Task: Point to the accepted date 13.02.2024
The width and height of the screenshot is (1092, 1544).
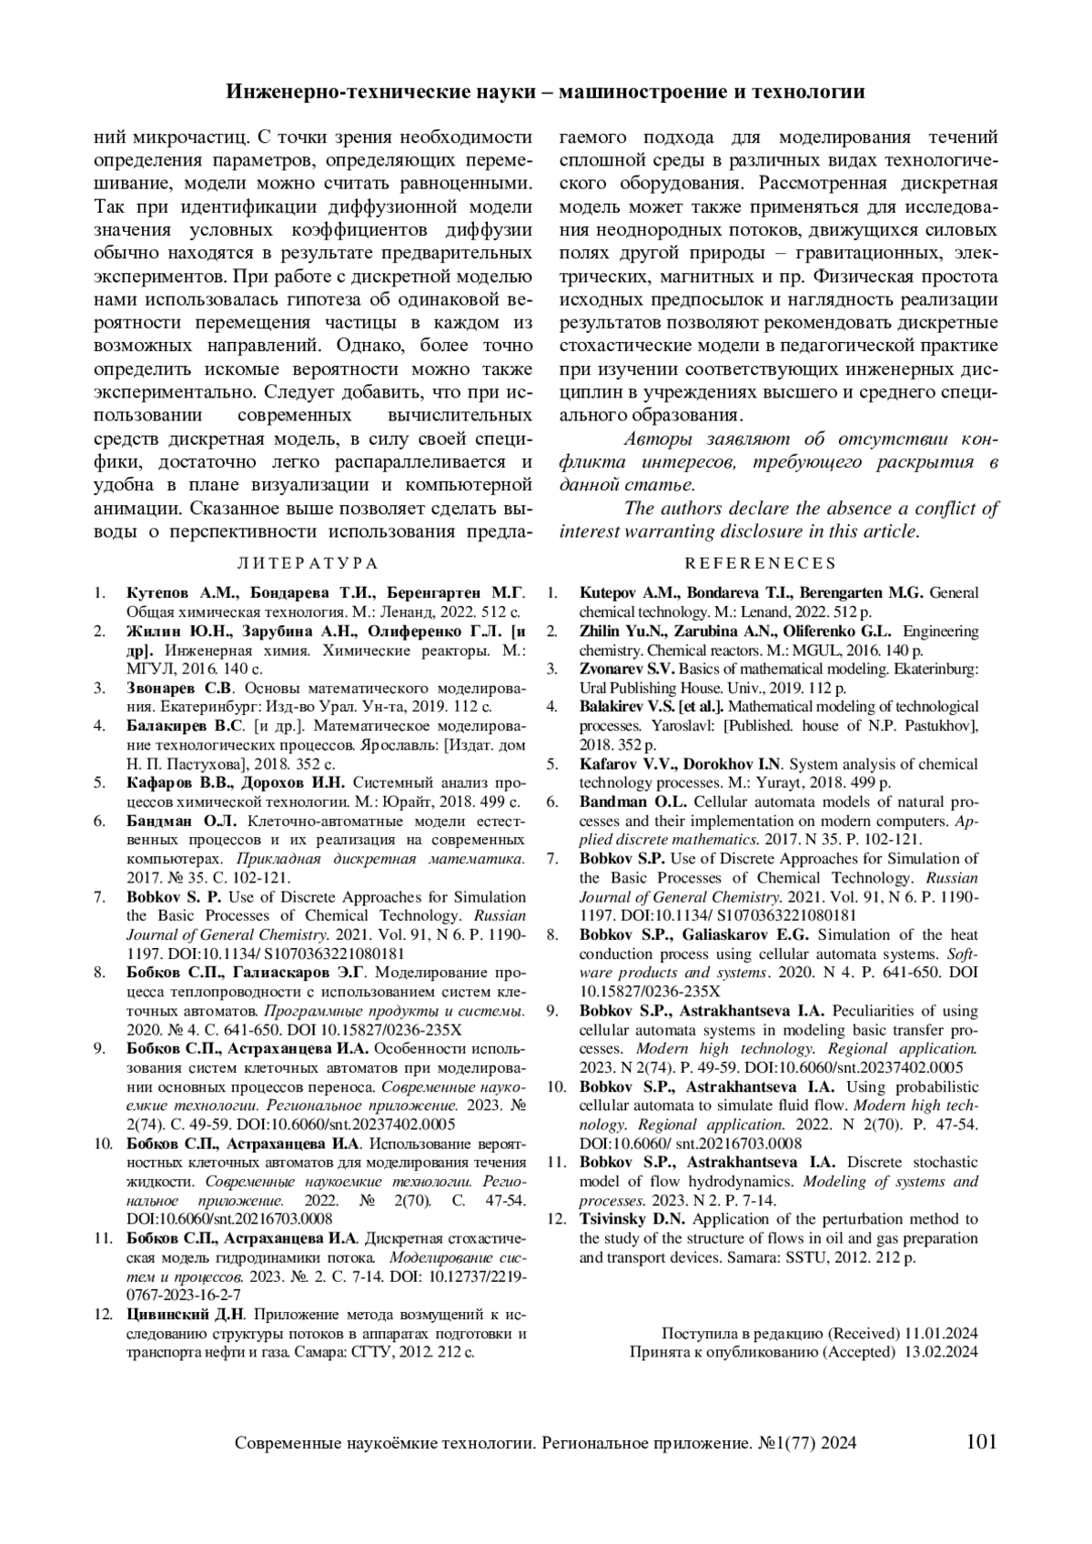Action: click(x=941, y=1352)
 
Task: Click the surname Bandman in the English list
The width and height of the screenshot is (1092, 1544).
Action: click(x=611, y=802)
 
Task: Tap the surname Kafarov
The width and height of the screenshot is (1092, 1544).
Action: click(x=608, y=763)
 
